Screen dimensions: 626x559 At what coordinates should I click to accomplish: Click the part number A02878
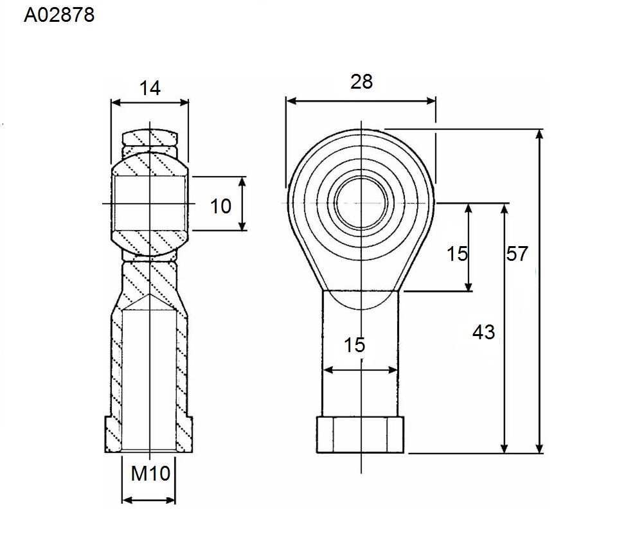(59, 15)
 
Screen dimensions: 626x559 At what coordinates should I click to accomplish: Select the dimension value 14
(150, 88)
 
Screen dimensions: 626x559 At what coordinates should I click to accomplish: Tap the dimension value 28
(361, 82)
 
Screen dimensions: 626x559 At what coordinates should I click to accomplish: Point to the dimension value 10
(220, 206)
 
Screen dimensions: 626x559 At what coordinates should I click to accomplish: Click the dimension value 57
(517, 254)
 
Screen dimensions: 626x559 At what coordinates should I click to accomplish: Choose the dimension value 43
(483, 332)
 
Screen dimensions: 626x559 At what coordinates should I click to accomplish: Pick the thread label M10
(150, 474)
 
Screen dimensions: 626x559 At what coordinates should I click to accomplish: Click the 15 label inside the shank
(355, 345)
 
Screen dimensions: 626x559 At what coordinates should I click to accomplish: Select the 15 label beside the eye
(457, 254)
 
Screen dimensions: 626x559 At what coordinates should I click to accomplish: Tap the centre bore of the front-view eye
(361, 203)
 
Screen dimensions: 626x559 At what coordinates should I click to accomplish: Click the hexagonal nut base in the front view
(360, 435)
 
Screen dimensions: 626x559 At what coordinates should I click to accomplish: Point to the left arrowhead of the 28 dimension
(291, 101)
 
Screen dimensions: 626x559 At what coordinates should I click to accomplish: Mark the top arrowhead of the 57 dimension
(539, 134)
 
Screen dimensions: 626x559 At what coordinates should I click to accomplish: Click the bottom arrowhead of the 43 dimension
(505, 448)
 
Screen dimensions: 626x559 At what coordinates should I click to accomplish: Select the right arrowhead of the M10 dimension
(170, 500)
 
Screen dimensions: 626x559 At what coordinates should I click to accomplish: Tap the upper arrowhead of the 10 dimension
(242, 182)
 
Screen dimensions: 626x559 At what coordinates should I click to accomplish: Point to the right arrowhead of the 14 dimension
(184, 103)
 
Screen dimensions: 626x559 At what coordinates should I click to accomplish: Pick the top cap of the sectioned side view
(150, 137)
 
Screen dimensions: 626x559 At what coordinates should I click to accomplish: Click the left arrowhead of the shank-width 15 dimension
(327, 370)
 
